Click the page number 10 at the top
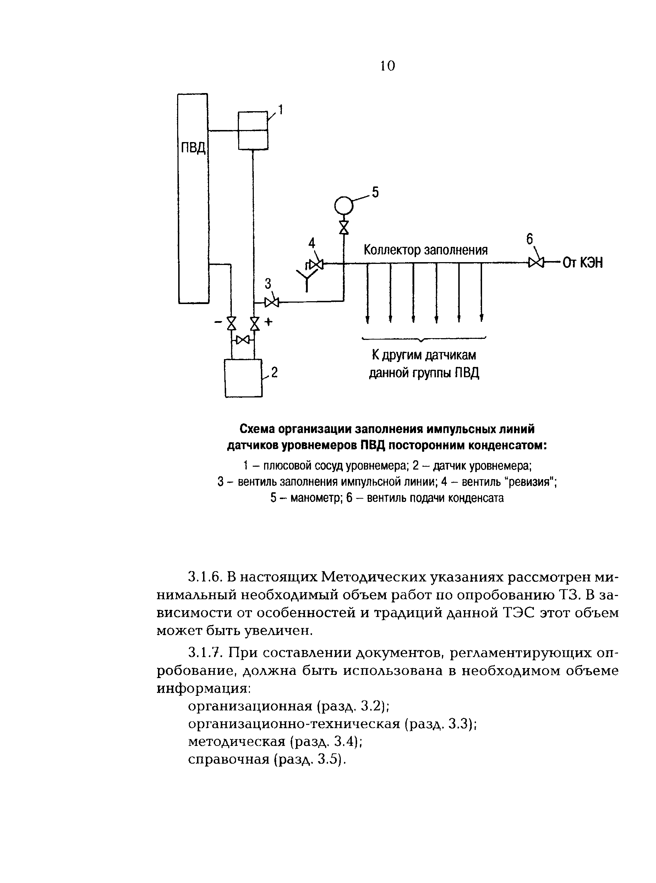[387, 66]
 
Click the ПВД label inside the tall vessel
[193, 148]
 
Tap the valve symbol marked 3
[272, 303]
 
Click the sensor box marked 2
[243, 378]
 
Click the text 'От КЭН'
[583, 262]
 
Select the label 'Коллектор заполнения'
[425, 250]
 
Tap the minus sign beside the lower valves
[218, 322]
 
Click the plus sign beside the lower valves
[269, 322]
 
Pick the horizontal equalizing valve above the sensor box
[242, 340]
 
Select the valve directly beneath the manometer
[344, 228]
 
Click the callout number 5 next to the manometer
[375, 193]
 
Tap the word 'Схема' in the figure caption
[257, 429]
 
